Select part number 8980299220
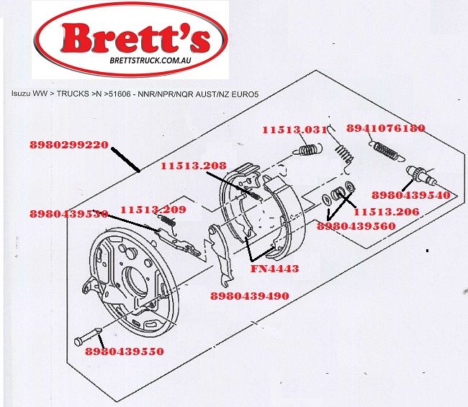click(x=69, y=144)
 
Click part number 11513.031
click(x=294, y=129)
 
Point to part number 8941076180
click(x=385, y=128)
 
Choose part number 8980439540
click(x=411, y=194)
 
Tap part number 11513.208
click(x=193, y=166)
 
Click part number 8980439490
click(x=250, y=295)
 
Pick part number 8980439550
click(x=124, y=352)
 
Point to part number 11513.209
click(x=153, y=210)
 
